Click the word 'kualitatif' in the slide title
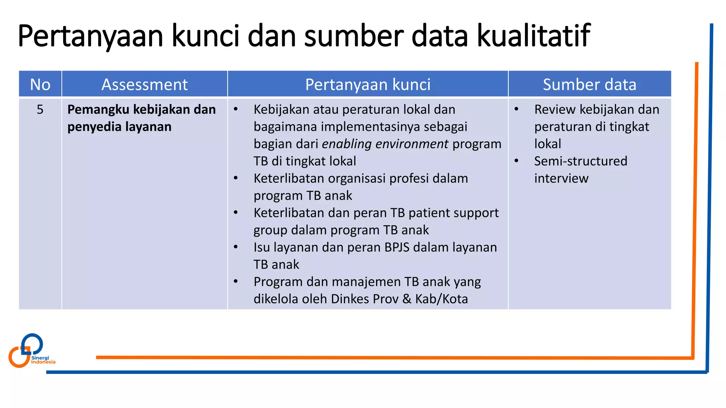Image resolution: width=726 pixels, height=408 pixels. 533,35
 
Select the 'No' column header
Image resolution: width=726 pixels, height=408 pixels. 40,84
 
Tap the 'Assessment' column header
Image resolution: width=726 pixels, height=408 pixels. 144,84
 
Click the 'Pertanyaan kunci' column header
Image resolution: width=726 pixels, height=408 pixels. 368,84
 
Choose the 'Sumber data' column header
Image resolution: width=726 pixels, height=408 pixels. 589,84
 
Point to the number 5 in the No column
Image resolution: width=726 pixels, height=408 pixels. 40,109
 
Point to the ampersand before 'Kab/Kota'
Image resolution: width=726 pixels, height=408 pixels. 407,299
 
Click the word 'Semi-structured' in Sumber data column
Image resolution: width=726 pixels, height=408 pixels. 580,161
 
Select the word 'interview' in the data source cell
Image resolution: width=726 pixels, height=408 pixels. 561,178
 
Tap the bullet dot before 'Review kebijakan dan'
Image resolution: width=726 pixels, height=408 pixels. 516,109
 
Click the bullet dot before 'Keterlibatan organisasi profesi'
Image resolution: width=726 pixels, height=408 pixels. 236,178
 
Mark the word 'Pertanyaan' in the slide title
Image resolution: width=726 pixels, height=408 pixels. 90,35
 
